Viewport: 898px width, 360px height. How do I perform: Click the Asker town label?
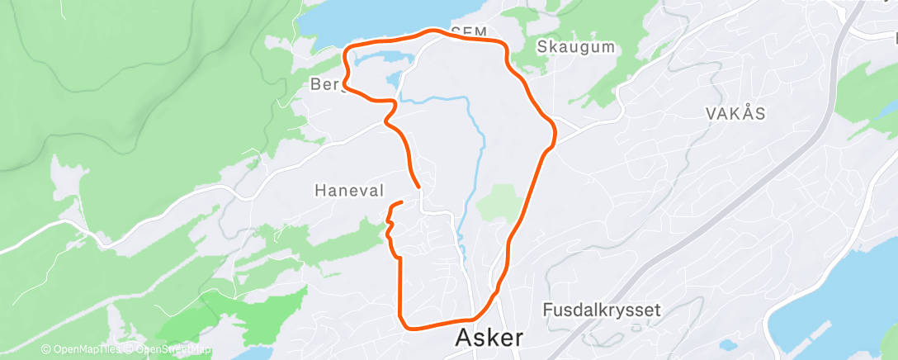point(489,338)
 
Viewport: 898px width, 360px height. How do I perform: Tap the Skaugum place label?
point(576,47)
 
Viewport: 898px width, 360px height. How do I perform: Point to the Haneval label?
point(349,191)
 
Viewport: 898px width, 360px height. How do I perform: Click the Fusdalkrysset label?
point(603,310)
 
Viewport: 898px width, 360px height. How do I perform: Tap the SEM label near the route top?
point(469,31)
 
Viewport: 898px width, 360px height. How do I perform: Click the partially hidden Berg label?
point(324,84)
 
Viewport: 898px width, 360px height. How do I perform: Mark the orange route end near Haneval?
point(401,202)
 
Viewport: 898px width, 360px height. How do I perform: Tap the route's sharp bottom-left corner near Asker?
point(402,323)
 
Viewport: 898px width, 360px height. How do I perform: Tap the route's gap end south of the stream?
point(419,186)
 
